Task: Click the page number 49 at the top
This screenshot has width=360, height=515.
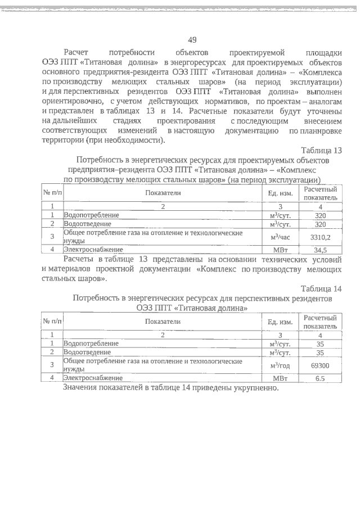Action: [192, 39]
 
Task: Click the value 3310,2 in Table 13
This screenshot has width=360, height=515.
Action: [320, 237]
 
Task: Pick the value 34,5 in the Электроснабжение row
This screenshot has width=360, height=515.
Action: [320, 250]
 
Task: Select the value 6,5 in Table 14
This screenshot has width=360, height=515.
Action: [320, 378]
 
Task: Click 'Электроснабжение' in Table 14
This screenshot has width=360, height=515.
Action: [92, 378]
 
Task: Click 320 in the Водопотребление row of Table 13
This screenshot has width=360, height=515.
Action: [320, 215]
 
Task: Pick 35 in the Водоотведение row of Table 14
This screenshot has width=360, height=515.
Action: [320, 353]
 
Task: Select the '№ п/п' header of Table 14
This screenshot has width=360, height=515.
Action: [52, 321]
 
